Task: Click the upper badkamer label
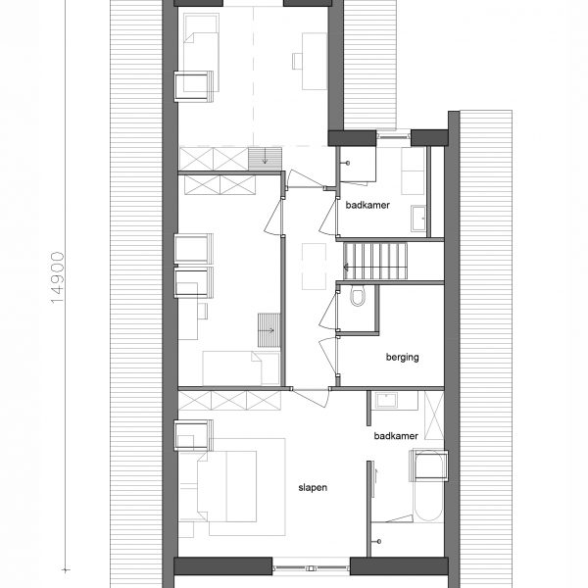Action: (367, 205)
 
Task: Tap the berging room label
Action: (403, 357)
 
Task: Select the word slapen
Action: (313, 487)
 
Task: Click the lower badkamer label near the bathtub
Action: (396, 436)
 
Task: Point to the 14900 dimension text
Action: (58, 277)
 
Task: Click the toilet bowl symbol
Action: (358, 296)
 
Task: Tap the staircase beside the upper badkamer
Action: (375, 261)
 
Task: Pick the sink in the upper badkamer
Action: (418, 219)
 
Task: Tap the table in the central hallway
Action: (315, 267)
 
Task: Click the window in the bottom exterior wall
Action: (311, 566)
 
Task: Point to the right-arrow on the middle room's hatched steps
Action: (269, 330)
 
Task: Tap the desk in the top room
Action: (315, 61)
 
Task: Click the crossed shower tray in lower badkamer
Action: (434, 416)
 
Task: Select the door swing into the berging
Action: (326, 357)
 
